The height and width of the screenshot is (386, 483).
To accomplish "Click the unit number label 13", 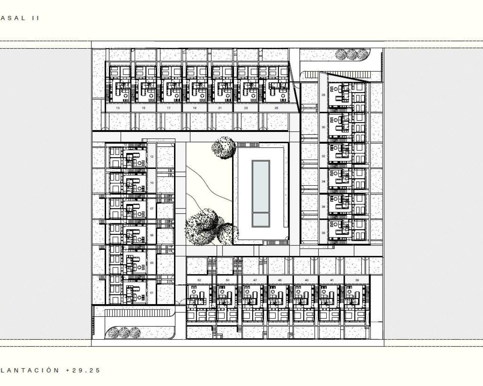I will (118, 108).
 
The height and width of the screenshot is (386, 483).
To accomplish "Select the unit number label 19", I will (194, 108).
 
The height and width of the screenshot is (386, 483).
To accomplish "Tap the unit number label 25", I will (276, 108).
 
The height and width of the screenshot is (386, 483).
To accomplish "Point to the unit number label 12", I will (152, 156).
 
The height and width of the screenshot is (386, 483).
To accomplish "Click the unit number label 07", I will (152, 208).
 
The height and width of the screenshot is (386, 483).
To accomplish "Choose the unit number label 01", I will (152, 293).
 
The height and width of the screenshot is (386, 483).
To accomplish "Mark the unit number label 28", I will (323, 95).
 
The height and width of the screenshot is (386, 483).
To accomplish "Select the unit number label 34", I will (323, 181).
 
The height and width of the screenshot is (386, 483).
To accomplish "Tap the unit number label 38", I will (323, 233).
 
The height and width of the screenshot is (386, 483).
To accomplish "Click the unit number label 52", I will (199, 280).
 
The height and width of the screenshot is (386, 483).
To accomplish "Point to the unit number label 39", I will (357, 280).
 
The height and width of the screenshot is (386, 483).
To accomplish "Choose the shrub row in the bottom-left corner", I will (123, 332).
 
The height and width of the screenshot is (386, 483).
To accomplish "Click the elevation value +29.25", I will (83, 370).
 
